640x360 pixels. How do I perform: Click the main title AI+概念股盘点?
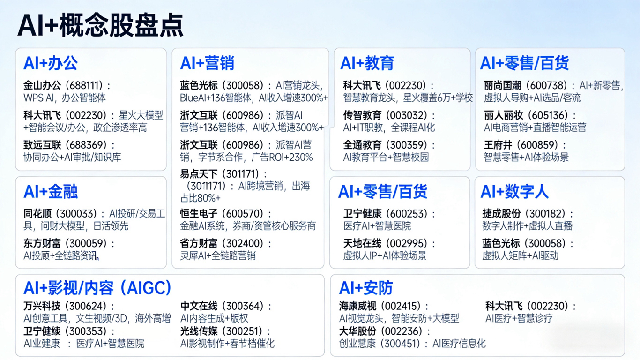(x=100, y=25)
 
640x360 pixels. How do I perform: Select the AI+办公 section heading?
(x=51, y=63)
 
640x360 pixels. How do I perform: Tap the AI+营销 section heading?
(x=207, y=63)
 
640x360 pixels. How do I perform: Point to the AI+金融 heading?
(x=51, y=191)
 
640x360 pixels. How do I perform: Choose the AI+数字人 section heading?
(x=514, y=191)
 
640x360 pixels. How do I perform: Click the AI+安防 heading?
(x=366, y=288)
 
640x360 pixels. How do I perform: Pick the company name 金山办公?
(x=42, y=85)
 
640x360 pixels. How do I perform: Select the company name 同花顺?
(x=37, y=214)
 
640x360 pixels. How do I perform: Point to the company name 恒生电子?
(x=199, y=214)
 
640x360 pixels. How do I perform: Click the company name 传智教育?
(x=362, y=115)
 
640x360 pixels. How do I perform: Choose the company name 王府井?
(x=498, y=145)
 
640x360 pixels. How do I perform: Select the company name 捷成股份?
(x=501, y=214)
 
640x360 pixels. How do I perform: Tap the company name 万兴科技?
(x=42, y=306)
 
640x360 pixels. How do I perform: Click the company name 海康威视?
(x=357, y=306)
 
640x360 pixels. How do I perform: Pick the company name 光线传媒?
(x=199, y=331)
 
